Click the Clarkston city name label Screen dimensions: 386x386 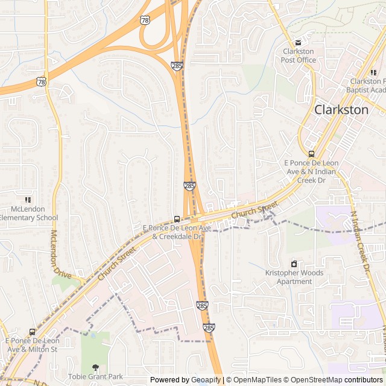tap(341, 110)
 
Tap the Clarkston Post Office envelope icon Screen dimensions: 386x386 tap(298, 43)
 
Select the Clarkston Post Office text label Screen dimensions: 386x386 tap(298, 55)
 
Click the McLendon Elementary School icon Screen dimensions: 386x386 tap(28, 200)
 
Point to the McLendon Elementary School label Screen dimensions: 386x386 tap(28, 214)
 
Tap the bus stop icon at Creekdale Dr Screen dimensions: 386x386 tap(177, 219)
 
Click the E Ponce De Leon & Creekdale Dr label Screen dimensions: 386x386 tap(177, 232)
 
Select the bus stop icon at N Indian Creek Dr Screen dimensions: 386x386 tap(311, 154)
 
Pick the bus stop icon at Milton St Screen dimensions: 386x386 tap(32, 332)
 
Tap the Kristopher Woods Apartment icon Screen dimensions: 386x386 tap(294, 264)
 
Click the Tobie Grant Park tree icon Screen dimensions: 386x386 tap(95, 367)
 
